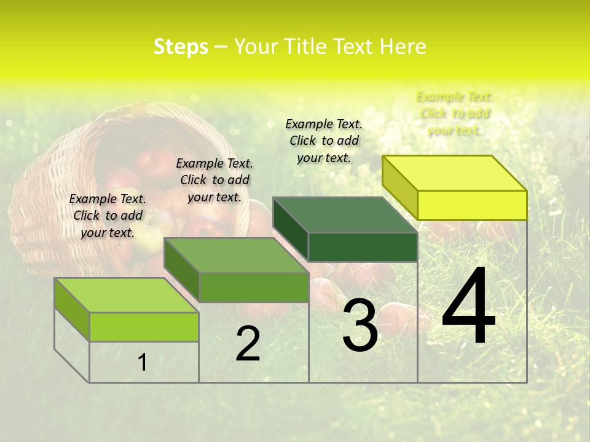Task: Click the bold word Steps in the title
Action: tap(181, 47)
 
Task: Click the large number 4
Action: tap(468, 307)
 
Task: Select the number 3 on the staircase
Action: tap(360, 325)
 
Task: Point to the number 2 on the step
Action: tap(248, 344)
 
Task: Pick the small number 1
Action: tap(143, 362)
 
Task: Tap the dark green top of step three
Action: tap(345, 215)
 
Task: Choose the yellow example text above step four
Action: tap(455, 114)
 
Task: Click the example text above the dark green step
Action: tap(324, 141)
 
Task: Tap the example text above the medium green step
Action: tap(214, 180)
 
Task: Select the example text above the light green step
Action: tap(108, 215)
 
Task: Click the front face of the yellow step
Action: tap(472, 205)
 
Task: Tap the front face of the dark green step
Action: tap(363, 247)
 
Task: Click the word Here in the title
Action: tap(403, 47)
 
